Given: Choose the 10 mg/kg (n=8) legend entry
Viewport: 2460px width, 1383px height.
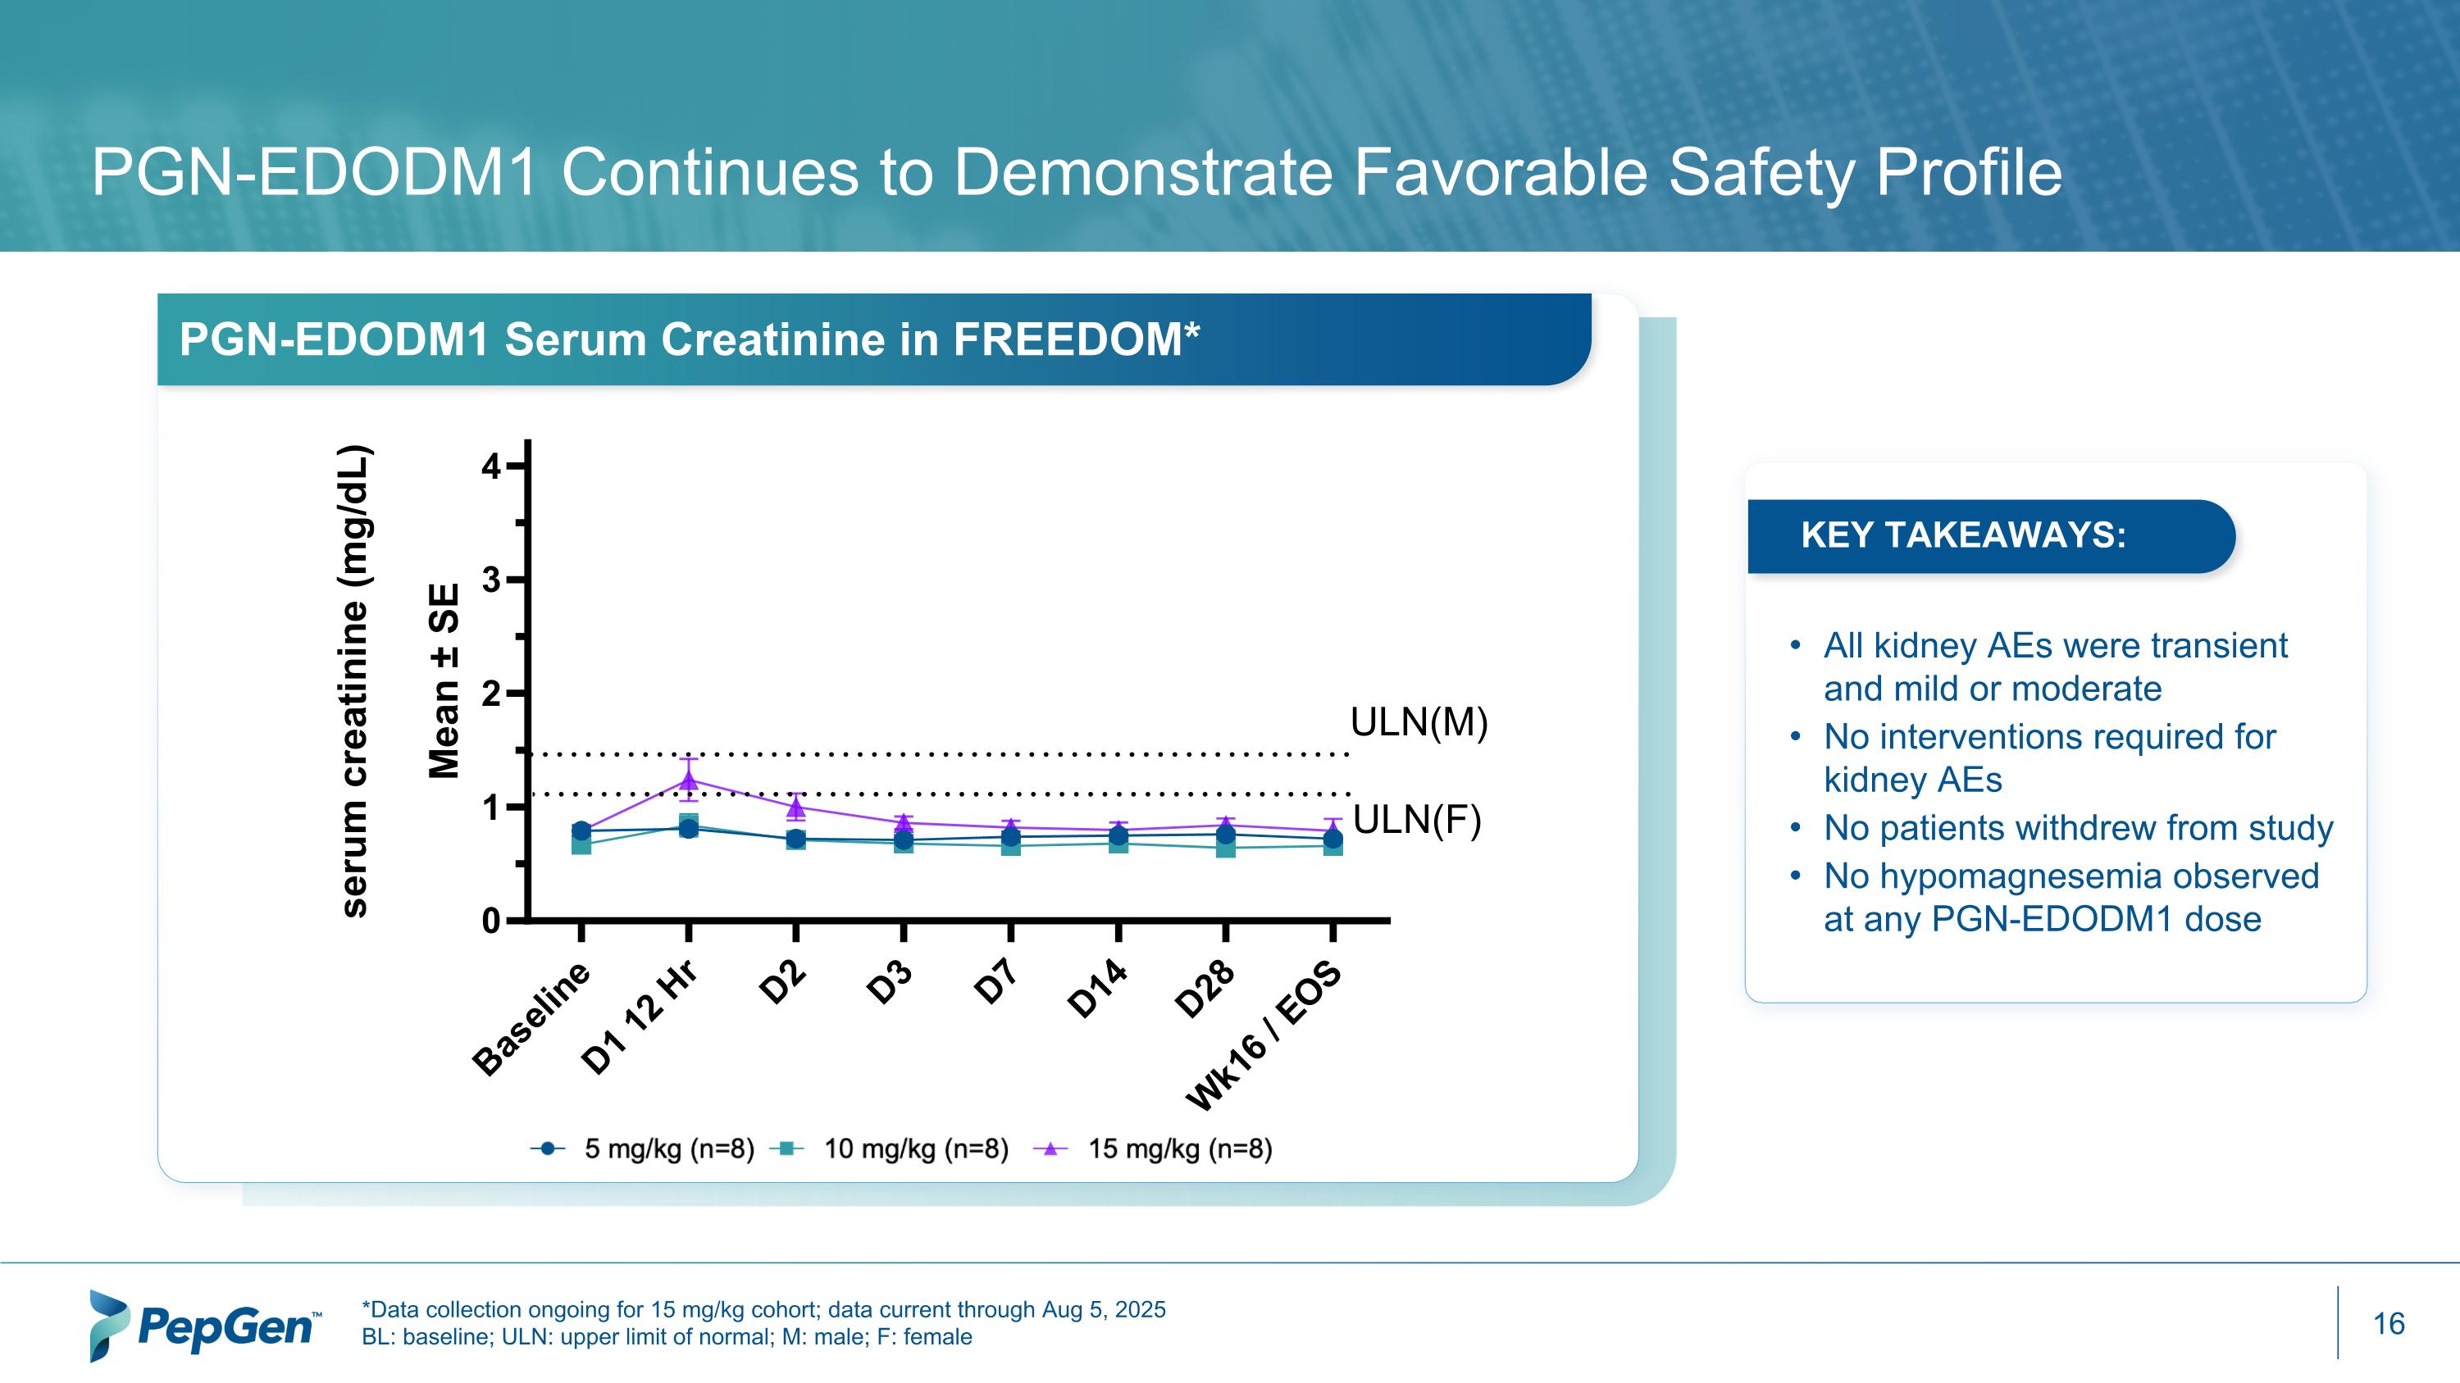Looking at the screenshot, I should (894, 1149).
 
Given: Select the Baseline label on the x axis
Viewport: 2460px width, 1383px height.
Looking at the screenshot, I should (533, 1018).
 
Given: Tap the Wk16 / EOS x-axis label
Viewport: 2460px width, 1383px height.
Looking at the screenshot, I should (1264, 1038).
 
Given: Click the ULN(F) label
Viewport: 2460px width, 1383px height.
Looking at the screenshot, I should (1416, 820).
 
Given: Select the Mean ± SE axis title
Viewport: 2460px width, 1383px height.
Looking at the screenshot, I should (445, 681).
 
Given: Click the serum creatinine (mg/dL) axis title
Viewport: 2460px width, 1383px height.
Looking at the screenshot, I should (354, 681).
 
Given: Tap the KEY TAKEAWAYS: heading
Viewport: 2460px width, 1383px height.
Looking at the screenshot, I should (1962, 535).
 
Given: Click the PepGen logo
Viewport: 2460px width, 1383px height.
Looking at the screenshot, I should (205, 1325).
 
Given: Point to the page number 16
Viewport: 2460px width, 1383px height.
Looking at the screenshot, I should (2389, 1324).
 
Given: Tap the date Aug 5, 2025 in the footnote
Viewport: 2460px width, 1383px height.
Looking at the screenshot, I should (1103, 1309).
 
